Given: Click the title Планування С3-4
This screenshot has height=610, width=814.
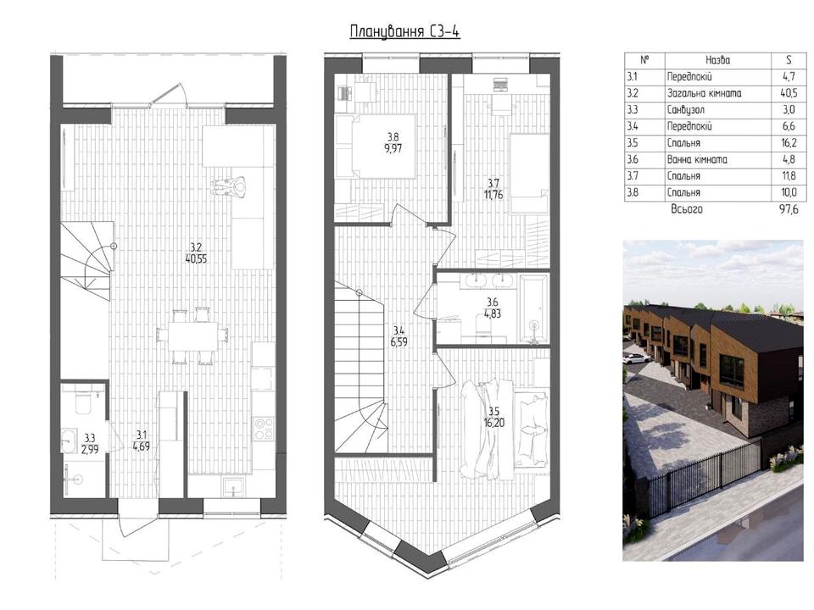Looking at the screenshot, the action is tap(405, 32).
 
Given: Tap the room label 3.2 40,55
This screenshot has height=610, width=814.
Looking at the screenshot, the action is tap(196, 252).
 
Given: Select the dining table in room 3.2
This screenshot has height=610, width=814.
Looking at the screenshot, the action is tap(192, 335).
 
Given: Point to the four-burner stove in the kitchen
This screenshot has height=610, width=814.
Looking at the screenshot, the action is tap(263, 429).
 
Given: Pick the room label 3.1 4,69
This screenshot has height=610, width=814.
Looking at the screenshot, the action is tap(142, 441).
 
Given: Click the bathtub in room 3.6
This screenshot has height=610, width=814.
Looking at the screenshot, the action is tap(533, 309).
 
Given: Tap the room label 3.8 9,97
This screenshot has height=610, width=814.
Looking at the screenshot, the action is tap(394, 142).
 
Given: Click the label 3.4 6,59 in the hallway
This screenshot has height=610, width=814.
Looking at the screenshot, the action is tap(399, 335).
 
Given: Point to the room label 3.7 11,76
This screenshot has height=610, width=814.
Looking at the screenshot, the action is tap(493, 189).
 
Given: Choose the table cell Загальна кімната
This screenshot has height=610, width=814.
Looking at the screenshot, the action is tap(704, 93).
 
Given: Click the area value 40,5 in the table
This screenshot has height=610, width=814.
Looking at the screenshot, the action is tap(789, 93).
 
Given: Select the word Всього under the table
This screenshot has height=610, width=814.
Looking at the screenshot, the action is tap(687, 209).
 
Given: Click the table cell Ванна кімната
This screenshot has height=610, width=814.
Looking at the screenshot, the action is tap(697, 160).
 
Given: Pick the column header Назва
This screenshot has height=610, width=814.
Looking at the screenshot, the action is tap(718, 60).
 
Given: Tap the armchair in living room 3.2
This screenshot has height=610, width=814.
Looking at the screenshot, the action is tap(229, 186).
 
